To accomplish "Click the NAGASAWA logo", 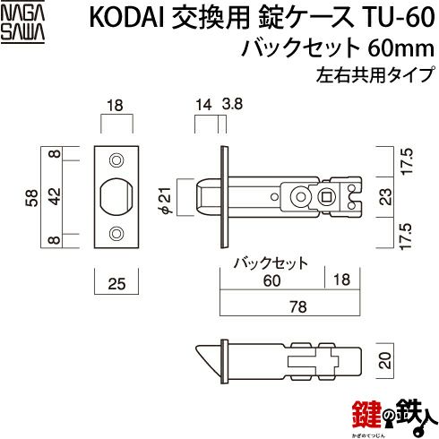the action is (x=22, y=23).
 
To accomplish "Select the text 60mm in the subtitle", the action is (x=400, y=48).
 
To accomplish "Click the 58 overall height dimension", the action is (x=32, y=198).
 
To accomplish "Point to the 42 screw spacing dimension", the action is (x=55, y=196).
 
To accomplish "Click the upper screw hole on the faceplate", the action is (x=116, y=160).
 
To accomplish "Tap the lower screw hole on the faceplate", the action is (x=116, y=234).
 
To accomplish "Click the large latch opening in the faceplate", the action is (x=116, y=196).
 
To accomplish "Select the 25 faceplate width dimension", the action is (x=116, y=283).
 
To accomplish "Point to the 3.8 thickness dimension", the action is (x=232, y=104).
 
